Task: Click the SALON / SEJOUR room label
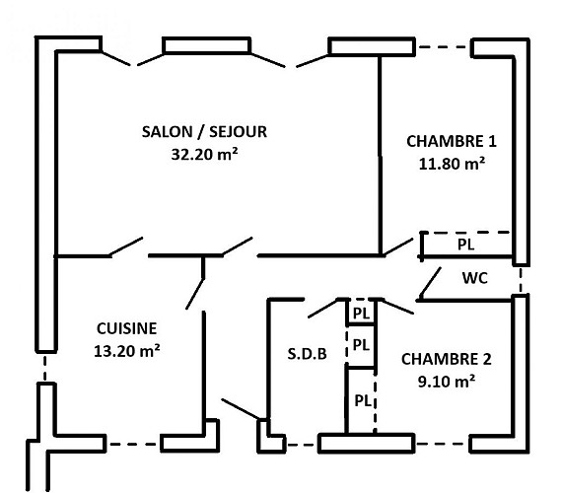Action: (204, 132)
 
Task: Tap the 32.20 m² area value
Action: (204, 154)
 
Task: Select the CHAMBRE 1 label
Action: (452, 141)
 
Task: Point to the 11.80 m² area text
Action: (452, 164)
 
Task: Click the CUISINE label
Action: (127, 328)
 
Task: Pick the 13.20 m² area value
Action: (127, 351)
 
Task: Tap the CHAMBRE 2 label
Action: (447, 359)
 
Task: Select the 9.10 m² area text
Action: (447, 382)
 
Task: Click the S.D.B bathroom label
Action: (308, 354)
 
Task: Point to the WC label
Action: (475, 278)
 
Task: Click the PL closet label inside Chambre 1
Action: (466, 245)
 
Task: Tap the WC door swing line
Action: (430, 283)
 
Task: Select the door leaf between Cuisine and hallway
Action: (195, 294)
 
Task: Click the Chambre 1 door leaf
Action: (398, 247)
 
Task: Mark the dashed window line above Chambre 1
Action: (443, 46)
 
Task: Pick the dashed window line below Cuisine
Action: (133, 445)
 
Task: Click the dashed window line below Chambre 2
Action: (442, 444)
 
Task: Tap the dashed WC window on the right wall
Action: (521, 280)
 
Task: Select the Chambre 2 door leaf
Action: (397, 308)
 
